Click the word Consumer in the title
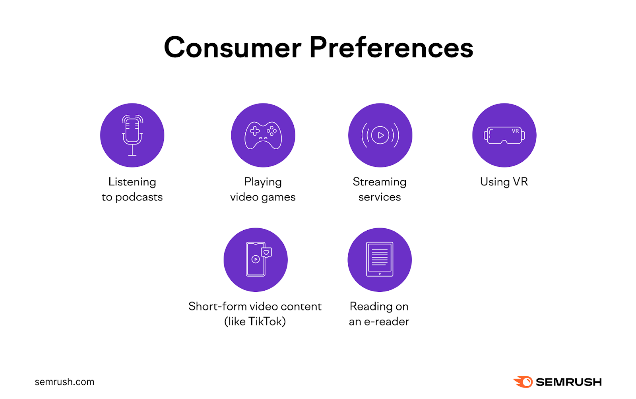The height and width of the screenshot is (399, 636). coord(233,48)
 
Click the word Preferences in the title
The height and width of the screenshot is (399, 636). coord(391,48)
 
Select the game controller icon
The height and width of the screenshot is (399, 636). coord(263,135)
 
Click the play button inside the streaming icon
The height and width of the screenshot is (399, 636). coord(380,135)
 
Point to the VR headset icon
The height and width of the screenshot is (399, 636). coord(504,136)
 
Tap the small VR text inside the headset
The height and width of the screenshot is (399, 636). coord(515,131)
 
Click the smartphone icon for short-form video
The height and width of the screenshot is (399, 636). coord(256,260)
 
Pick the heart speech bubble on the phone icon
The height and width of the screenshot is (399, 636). coord(266,253)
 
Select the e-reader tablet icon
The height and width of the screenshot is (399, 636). coord(380,260)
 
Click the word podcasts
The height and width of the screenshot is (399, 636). coord(139,197)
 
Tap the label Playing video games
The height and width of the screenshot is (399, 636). coord(263,189)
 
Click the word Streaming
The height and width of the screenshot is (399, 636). coord(379,182)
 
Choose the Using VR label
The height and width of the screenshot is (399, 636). coord(504,182)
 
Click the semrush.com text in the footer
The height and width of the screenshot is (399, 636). coord(64,382)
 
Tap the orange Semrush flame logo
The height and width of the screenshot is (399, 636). coord(523,382)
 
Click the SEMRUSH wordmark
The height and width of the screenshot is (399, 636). coord(568,382)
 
